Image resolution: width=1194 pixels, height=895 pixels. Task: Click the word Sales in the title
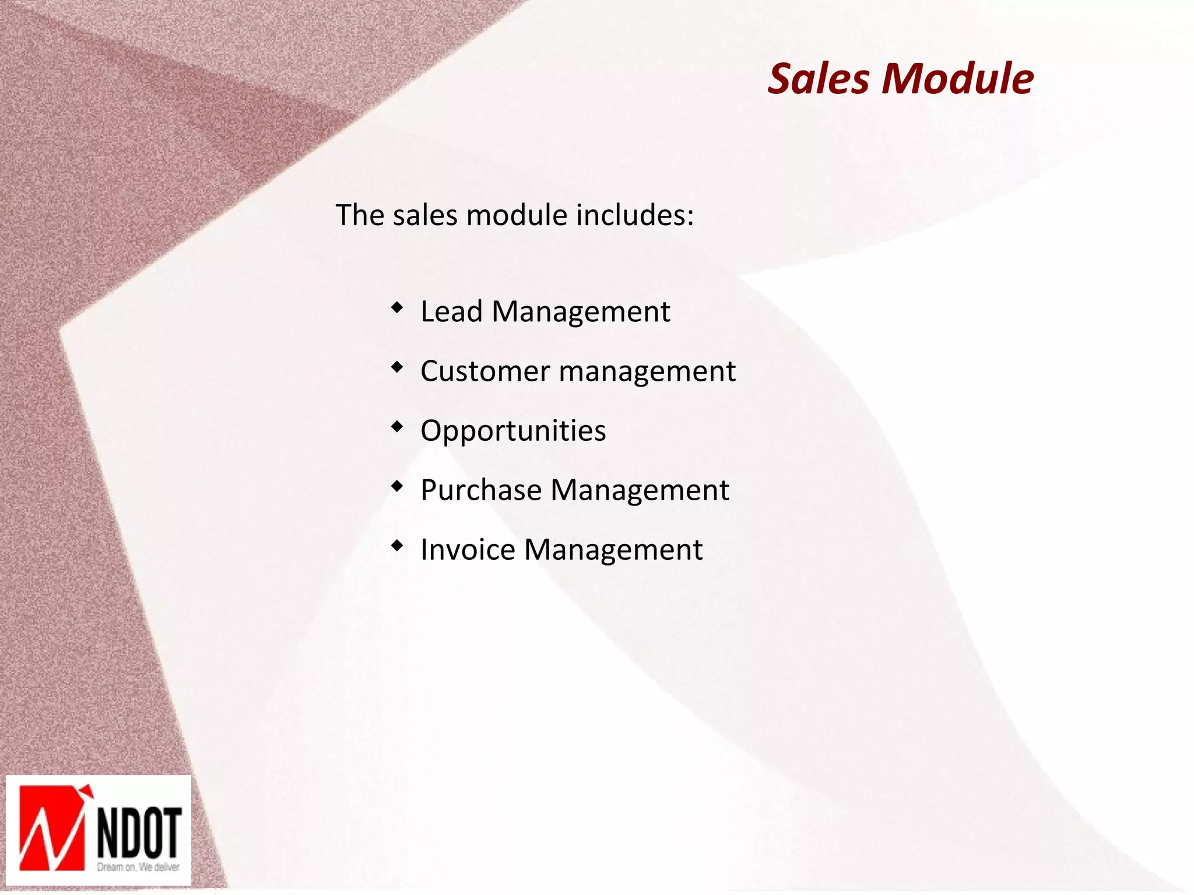click(819, 79)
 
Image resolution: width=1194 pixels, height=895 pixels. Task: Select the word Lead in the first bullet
click(451, 311)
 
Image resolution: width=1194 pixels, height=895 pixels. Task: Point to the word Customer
click(485, 371)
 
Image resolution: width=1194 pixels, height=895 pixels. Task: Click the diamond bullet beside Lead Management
click(397, 307)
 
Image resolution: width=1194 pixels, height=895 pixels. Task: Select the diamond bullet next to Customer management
click(397, 367)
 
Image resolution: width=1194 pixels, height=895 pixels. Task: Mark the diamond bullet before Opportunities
click(397, 426)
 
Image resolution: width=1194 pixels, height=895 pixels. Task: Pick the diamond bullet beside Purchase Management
click(397, 486)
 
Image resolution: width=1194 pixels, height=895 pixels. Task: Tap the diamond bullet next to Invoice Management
click(397, 545)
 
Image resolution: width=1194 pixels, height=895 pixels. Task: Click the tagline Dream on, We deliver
click(138, 867)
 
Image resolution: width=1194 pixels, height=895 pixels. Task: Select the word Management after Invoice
click(613, 550)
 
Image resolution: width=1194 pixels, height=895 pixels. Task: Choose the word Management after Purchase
click(640, 490)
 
